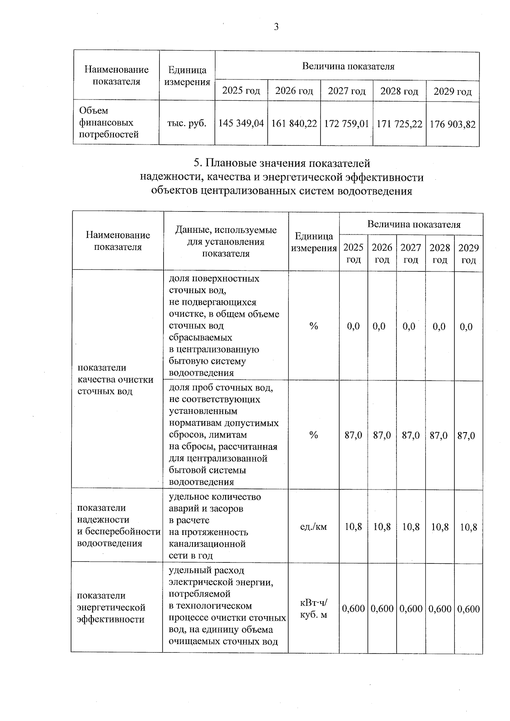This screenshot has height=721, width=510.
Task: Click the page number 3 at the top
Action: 276,27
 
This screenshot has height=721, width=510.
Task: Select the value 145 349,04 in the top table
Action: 241,124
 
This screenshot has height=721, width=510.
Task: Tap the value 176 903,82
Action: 452,124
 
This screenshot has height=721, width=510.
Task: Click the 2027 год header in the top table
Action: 346,91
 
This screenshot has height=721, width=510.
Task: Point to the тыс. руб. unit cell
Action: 187,123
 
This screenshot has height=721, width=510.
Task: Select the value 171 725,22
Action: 399,124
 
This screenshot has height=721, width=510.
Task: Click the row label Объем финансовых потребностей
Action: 109,123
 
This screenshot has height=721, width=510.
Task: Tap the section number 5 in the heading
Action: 196,164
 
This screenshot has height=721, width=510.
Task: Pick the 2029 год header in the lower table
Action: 468,254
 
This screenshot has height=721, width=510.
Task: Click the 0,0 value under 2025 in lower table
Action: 353,326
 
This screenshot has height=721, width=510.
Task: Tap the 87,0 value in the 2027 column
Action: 411,435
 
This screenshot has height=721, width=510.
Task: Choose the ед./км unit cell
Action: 314,527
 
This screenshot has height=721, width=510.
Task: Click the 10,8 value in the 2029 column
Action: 468,527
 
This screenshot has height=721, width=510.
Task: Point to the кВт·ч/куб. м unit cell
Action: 314,608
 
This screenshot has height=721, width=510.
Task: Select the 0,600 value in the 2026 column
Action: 382,609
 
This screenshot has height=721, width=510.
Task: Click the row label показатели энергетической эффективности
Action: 111,608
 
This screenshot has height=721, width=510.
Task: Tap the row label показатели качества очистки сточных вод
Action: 115,379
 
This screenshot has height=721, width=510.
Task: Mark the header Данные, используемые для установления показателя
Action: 226,242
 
